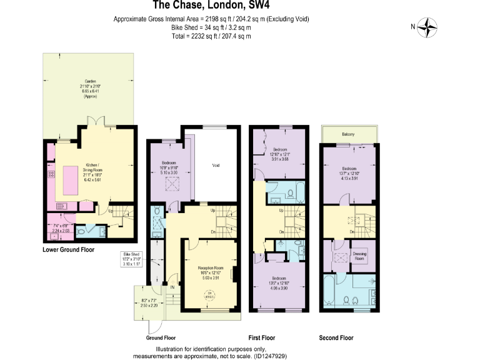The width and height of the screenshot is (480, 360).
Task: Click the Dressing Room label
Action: [x=360, y=256]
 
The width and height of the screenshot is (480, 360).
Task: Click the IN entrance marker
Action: [x=171, y=287]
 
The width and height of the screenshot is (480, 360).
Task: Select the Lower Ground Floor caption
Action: [x=68, y=249]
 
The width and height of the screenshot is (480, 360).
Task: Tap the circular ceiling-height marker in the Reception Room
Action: [x=211, y=296]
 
